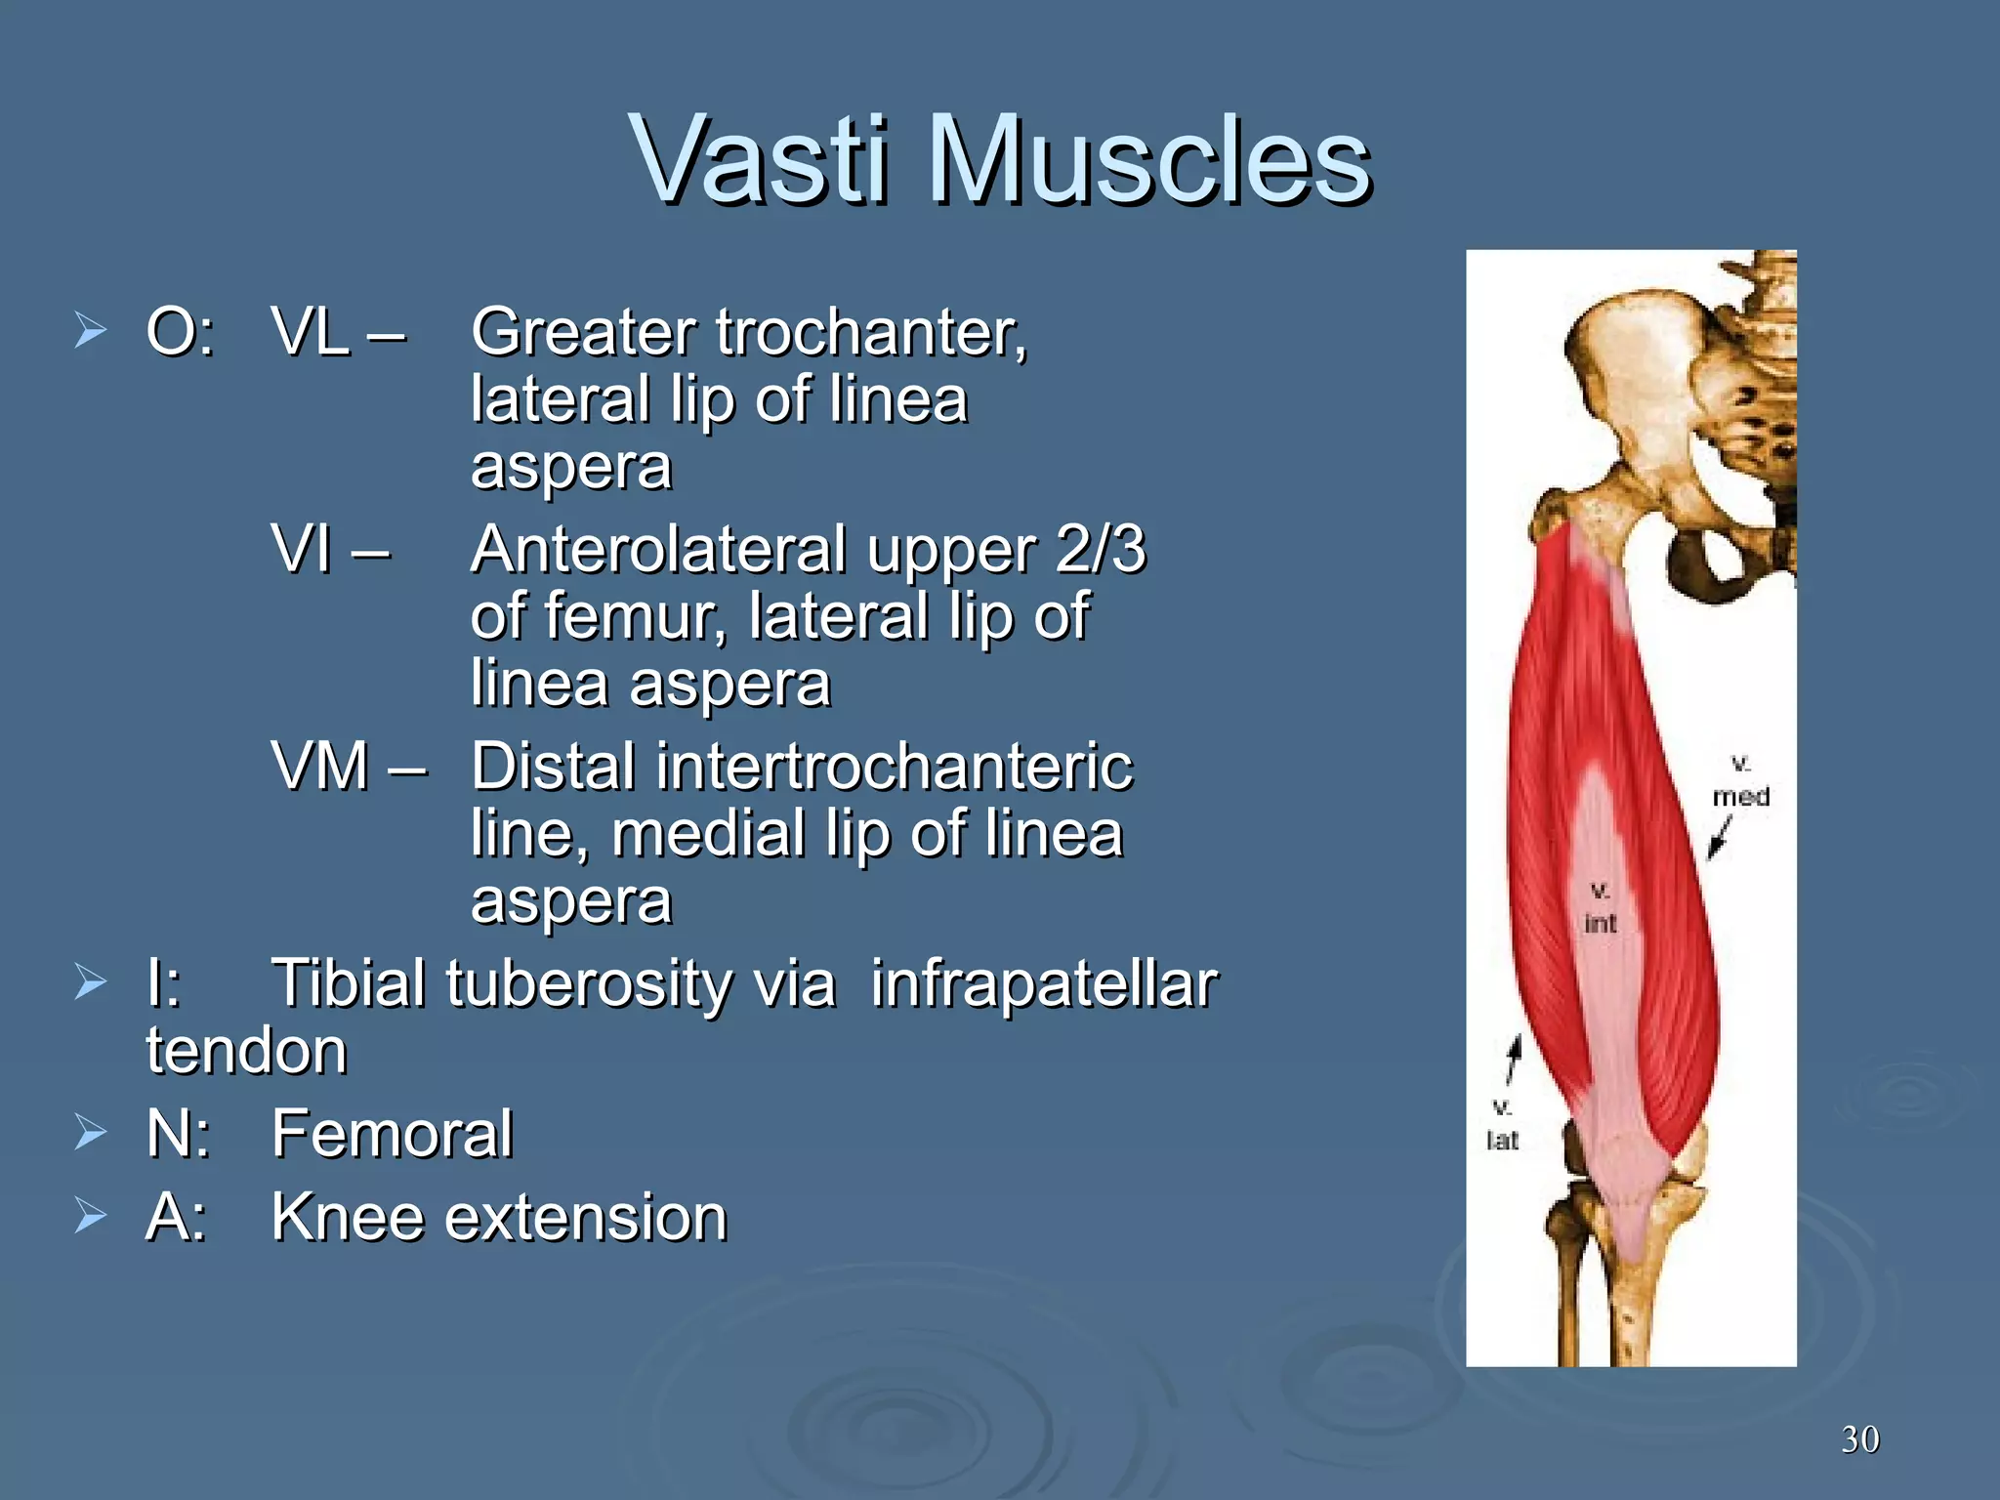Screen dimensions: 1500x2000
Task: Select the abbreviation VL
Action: (x=311, y=332)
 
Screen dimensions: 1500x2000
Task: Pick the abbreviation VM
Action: (x=320, y=767)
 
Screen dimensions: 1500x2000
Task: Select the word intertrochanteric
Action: (x=895, y=767)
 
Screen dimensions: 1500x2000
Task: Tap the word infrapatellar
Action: (x=1044, y=983)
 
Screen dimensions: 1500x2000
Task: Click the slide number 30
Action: (x=1859, y=1439)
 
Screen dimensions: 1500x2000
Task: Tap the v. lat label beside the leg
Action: (x=1502, y=1125)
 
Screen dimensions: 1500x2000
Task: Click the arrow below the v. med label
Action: (x=1719, y=838)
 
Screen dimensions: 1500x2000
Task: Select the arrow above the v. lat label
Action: (x=1514, y=1060)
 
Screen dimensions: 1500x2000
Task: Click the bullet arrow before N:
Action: (x=90, y=1133)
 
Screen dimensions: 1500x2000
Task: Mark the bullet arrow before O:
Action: (x=90, y=331)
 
